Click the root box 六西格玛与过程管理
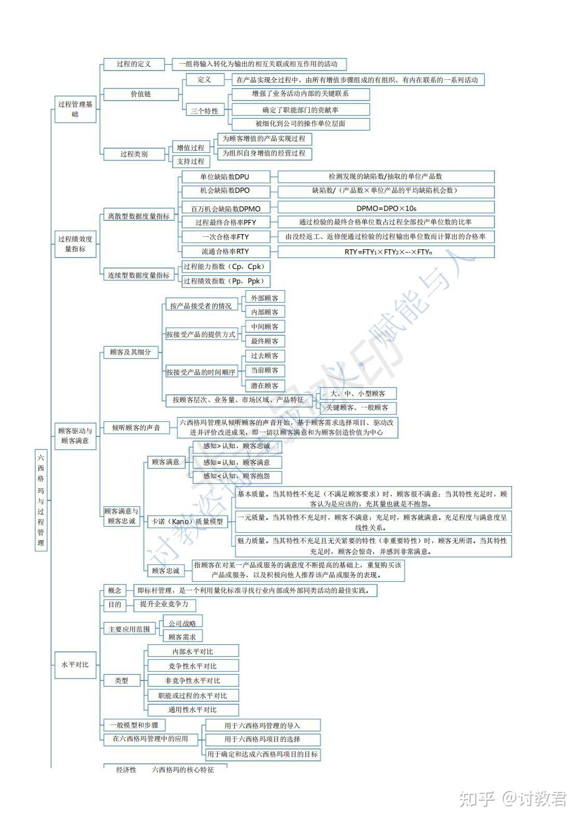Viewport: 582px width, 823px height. tap(41, 500)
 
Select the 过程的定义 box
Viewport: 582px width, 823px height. tap(134, 64)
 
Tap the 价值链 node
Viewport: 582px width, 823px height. tap(141, 94)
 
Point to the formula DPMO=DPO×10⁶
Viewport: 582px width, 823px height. tap(386, 208)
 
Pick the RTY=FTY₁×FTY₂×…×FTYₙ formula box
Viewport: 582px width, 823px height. tap(386, 252)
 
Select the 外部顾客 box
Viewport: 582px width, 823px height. tap(265, 298)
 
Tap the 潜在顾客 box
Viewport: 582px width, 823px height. tap(265, 386)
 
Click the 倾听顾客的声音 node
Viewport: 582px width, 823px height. tap(136, 428)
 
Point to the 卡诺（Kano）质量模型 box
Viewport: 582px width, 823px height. tap(187, 521)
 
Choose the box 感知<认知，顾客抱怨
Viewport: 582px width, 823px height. tap(236, 476)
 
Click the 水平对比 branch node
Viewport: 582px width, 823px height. tap(75, 664)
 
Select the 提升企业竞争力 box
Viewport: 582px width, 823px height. tap(164, 604)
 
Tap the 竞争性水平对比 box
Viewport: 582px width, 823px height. tap(193, 666)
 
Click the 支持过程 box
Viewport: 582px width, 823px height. tap(191, 161)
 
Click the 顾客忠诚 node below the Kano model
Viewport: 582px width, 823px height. tap(166, 571)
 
